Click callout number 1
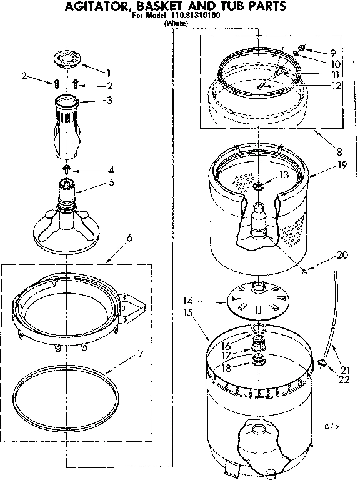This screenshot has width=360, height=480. tap(108, 71)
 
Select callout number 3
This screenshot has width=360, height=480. tap(109, 99)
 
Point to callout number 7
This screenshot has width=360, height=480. tap(141, 354)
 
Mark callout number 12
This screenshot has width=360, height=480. tap(336, 85)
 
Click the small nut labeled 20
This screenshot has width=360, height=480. tap(303, 271)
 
